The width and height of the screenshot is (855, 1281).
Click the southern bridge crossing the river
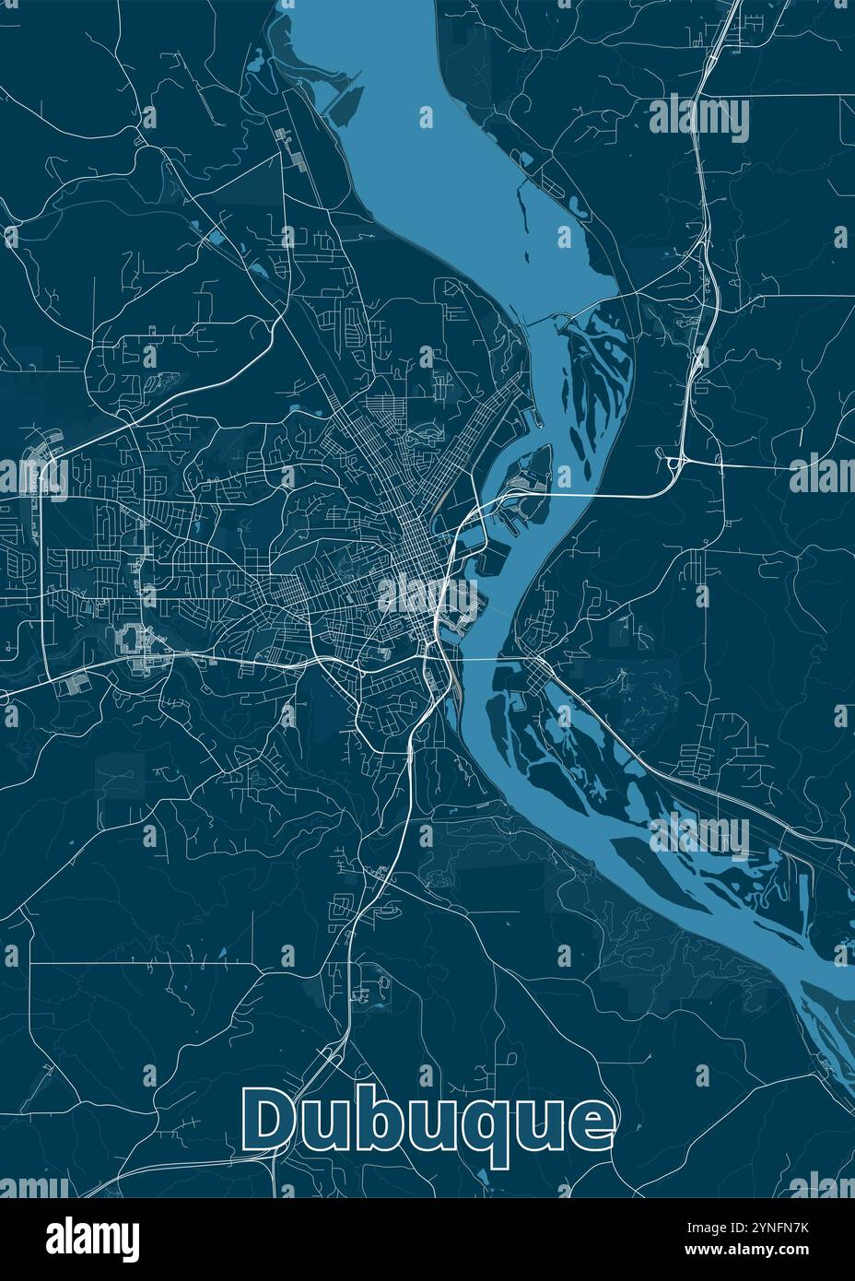[484, 660]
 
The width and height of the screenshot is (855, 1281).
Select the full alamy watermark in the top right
[699, 118]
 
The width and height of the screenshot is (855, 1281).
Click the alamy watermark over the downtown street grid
[428, 597]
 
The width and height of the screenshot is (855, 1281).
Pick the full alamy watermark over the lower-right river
[699, 834]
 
